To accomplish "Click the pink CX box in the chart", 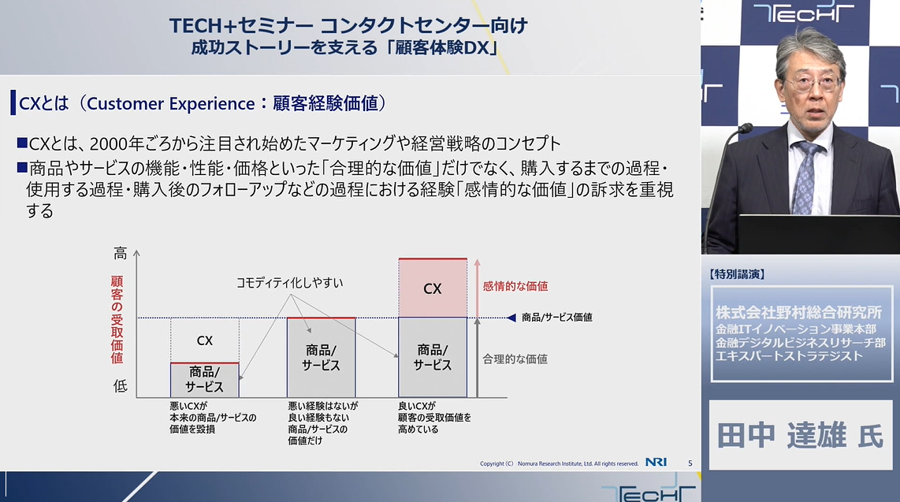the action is (x=433, y=288).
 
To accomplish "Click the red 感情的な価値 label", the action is (x=515, y=286).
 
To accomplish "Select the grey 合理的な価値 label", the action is (x=515, y=359).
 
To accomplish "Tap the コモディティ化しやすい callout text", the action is (x=290, y=282).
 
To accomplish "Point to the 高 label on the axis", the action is (x=120, y=253).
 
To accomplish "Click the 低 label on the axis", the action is (x=120, y=385).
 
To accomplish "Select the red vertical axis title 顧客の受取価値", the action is (x=117, y=319).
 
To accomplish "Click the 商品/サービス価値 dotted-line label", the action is (x=556, y=318).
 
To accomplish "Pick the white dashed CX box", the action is (x=205, y=340).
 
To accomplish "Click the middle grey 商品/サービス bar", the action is (x=322, y=358).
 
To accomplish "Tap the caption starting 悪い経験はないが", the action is (x=323, y=423).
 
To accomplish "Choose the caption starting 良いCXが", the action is (x=434, y=417).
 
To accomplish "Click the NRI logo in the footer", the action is (x=656, y=463).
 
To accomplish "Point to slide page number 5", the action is (x=690, y=463).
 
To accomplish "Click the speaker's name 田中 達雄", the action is (x=782, y=435).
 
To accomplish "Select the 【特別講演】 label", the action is (x=737, y=274).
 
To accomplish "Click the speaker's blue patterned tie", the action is (x=805, y=178).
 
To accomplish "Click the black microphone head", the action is (x=745, y=128).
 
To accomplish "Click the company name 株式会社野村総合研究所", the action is (x=798, y=312).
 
